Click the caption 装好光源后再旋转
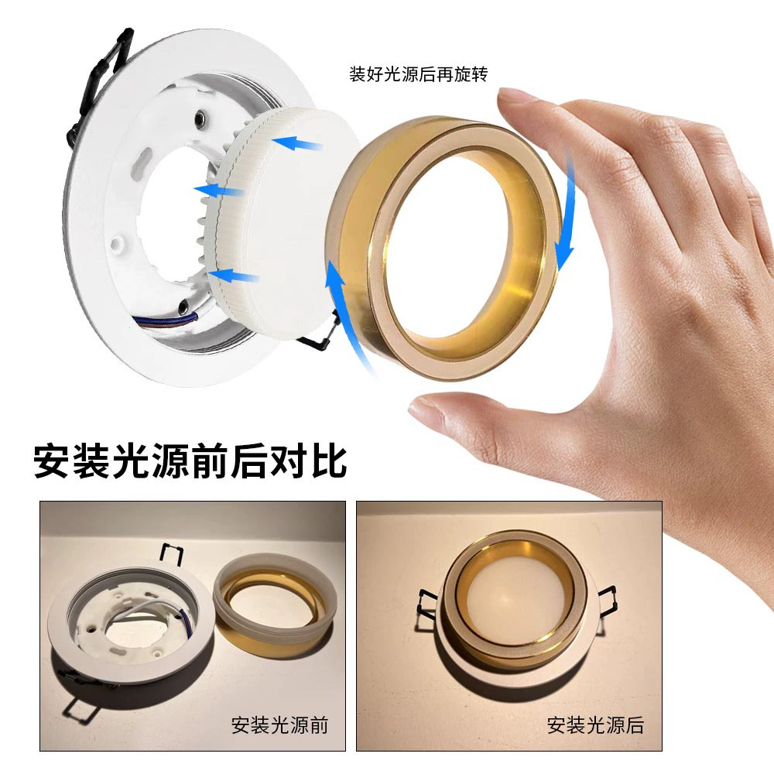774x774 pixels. pos(418,74)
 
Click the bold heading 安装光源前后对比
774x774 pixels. pos(190,461)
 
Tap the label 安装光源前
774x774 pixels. pos(279,725)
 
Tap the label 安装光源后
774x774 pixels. pos(595,725)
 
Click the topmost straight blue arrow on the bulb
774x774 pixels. pos(297,144)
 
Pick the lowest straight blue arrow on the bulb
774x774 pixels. pos(234,276)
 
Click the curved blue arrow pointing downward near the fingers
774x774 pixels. pos(567,212)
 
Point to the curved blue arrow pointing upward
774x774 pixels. pos(345,316)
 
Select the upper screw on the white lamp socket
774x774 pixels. pos(200,118)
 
